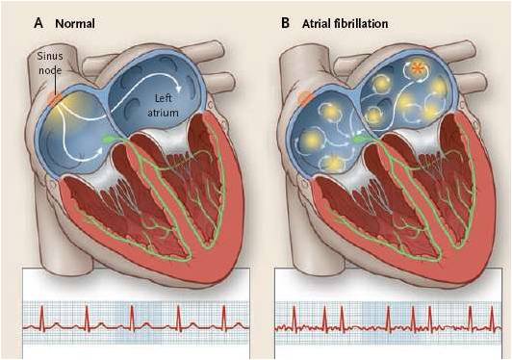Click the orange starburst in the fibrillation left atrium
click(419, 69)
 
